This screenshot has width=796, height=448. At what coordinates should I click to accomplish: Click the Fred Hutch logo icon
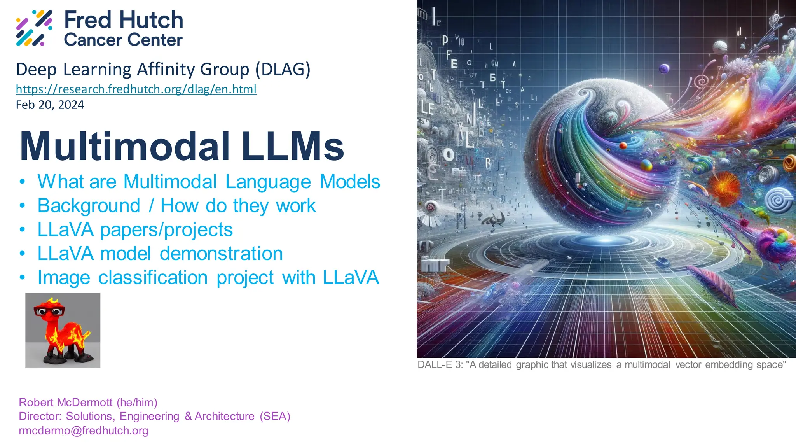click(x=34, y=28)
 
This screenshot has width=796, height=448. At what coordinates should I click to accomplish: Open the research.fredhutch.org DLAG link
click(x=136, y=89)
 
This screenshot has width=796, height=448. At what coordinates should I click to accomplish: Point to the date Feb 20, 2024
click(x=50, y=105)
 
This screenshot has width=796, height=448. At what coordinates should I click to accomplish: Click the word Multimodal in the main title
click(x=125, y=146)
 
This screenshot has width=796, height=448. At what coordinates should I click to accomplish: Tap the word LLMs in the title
click(x=292, y=146)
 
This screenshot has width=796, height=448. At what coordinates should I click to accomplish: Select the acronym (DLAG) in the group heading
click(x=283, y=69)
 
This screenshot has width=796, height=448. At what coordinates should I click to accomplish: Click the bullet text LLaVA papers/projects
click(x=135, y=229)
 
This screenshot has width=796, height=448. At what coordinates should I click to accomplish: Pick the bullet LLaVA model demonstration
click(x=160, y=254)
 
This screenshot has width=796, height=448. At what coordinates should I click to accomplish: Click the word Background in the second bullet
click(x=89, y=205)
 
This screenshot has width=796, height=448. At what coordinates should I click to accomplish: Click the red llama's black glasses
click(x=49, y=311)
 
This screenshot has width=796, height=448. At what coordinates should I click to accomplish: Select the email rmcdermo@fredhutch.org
click(x=84, y=430)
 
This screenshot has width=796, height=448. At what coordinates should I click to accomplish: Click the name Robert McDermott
click(x=66, y=402)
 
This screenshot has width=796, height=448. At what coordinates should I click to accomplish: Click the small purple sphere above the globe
click(x=664, y=69)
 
